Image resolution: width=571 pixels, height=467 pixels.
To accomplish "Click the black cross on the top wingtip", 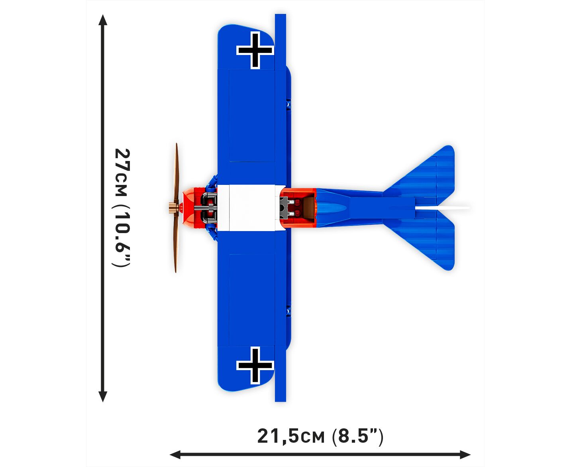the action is [x=255, y=50].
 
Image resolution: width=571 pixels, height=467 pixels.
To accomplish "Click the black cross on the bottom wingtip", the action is [x=255, y=365].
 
